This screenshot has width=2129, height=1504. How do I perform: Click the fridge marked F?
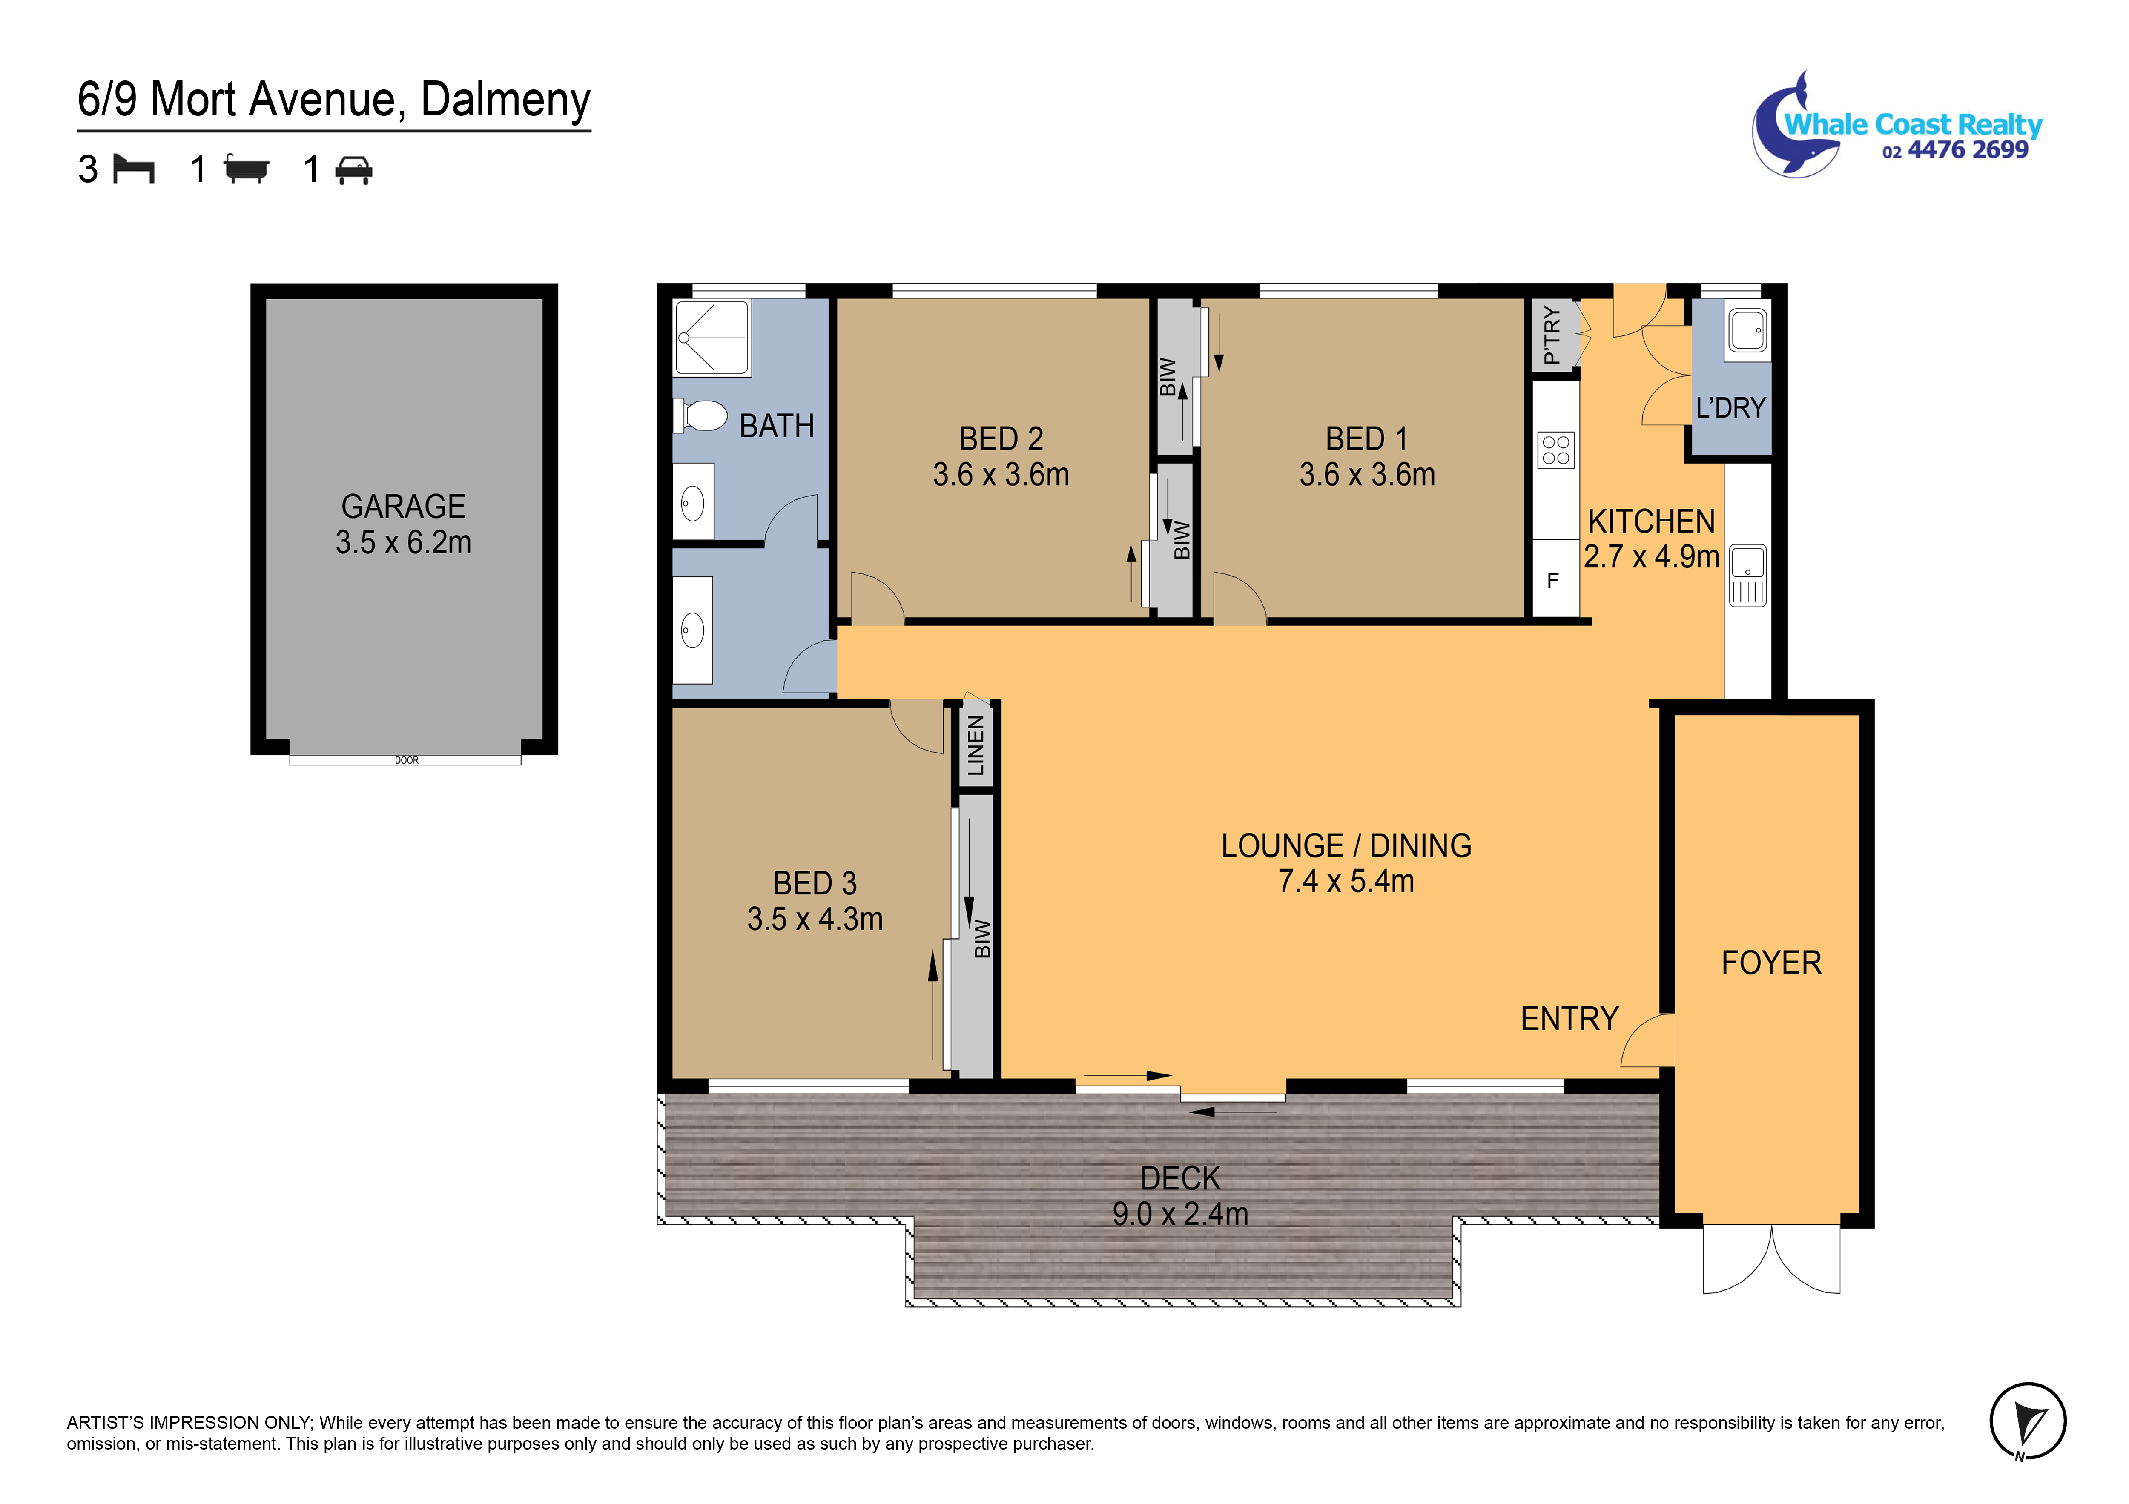pyautogui.click(x=1553, y=581)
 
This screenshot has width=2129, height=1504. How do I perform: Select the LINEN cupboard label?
pyautogui.click(x=976, y=745)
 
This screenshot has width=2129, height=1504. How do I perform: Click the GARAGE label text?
pyautogui.click(x=403, y=506)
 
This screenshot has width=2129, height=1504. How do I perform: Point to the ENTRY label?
pyautogui.click(x=1569, y=1019)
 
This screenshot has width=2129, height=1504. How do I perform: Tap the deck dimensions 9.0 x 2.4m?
pyautogui.click(x=1180, y=1214)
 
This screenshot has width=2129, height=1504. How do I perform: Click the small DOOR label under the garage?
pyautogui.click(x=406, y=760)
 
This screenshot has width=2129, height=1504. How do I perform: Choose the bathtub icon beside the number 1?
pyautogui.click(x=247, y=170)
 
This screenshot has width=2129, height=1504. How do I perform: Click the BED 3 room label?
pyautogui.click(x=815, y=884)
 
